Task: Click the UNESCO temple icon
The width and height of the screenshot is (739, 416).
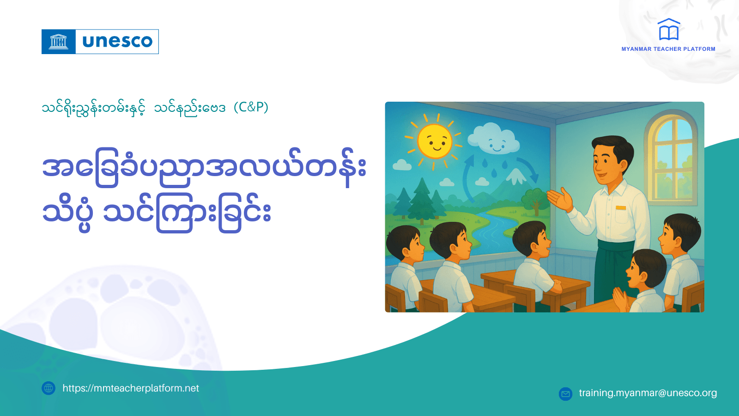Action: point(59,42)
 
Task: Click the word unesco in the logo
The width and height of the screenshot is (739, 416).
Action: point(117,42)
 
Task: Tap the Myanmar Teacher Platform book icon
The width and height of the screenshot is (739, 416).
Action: point(668,30)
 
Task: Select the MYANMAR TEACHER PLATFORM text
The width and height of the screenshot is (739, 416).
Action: point(668,49)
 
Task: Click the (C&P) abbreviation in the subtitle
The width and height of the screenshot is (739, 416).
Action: point(251,107)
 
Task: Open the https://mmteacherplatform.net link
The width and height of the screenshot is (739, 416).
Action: point(131,388)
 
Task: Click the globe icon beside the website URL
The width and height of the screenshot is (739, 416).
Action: point(48,388)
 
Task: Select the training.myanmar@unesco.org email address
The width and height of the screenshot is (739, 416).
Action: point(648,393)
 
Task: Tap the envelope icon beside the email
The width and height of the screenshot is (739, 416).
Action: point(565,394)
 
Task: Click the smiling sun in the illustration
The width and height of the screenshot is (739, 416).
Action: point(435,141)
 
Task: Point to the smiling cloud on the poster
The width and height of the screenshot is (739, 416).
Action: point(494,139)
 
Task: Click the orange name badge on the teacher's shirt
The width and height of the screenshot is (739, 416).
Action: point(621,208)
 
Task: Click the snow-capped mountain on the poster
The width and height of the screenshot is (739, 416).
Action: point(516,176)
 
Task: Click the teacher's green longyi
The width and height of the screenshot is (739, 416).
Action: point(612,268)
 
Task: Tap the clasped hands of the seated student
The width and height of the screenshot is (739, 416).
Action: point(621,298)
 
